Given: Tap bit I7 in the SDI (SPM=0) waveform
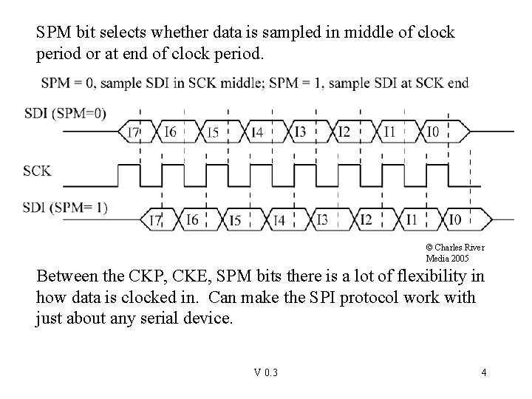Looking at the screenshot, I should click(x=134, y=132).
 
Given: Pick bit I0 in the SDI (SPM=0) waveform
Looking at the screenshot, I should click(x=434, y=132).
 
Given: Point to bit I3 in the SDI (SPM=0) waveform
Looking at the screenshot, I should click(x=300, y=132).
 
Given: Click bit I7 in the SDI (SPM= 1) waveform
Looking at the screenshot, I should click(x=156, y=219).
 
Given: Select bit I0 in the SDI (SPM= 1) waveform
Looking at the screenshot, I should click(x=456, y=219).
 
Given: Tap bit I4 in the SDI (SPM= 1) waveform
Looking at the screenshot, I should click(x=279, y=219).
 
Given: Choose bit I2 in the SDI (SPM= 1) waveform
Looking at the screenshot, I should click(x=365, y=219).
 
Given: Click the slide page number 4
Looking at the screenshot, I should click(x=483, y=372).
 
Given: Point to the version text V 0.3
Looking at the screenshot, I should click(x=265, y=372).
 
